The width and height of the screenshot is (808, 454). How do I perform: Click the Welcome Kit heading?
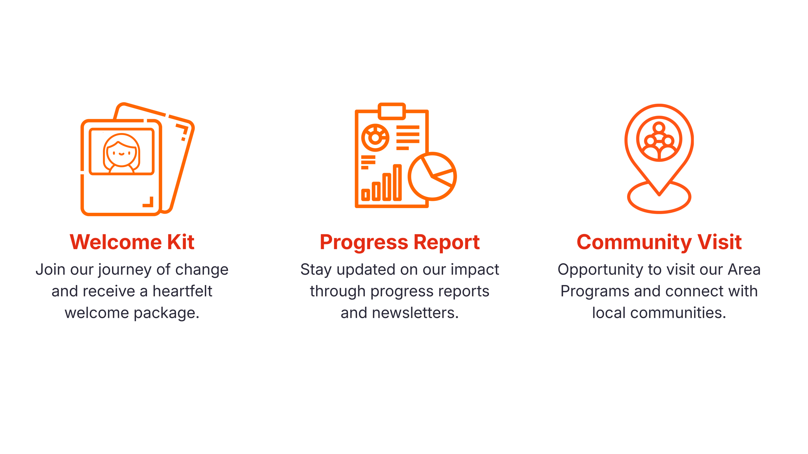(x=132, y=242)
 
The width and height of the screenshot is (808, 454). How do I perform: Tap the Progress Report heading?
(x=400, y=242)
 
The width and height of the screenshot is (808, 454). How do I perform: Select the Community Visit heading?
(x=659, y=242)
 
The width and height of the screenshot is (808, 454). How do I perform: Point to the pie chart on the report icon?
(x=432, y=177)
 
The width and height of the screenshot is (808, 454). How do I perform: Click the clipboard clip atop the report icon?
(x=392, y=111)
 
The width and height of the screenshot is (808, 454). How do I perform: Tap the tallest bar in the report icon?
(x=397, y=183)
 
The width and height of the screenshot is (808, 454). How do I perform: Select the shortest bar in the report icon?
(x=365, y=195)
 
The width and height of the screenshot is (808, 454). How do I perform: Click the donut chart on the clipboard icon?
(x=375, y=138)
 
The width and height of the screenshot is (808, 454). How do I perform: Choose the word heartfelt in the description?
(x=182, y=291)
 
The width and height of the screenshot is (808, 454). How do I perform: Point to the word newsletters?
(x=415, y=313)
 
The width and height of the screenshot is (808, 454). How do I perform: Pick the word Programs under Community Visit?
(x=595, y=292)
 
